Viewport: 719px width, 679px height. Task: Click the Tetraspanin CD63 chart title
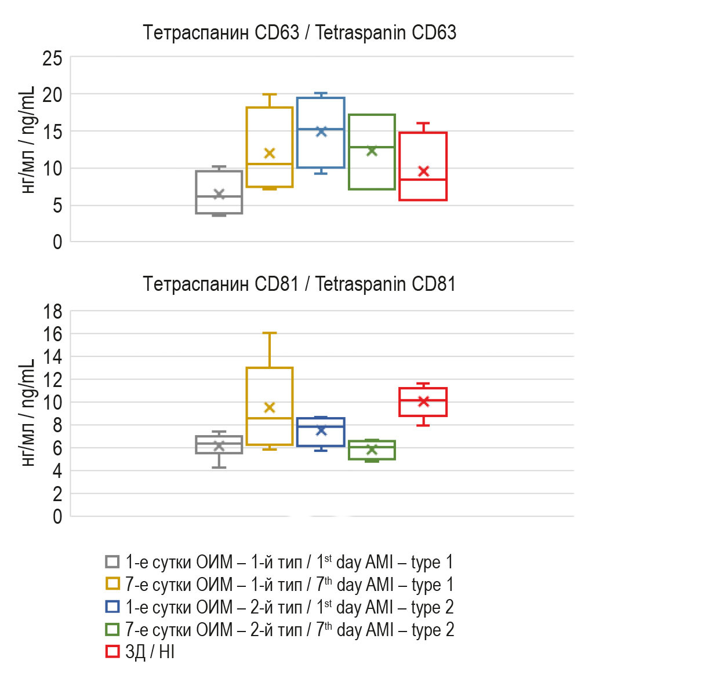(299, 32)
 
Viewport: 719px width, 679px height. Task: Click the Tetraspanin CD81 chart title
(299, 284)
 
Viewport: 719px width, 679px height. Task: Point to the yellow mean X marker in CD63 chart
(270, 154)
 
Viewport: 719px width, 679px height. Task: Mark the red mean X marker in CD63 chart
(423, 171)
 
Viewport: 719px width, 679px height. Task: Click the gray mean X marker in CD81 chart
(219, 446)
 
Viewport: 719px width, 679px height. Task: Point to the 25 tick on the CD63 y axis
(52, 58)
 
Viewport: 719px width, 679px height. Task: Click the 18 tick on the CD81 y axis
(52, 312)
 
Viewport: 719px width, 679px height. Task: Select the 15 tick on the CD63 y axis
(52, 132)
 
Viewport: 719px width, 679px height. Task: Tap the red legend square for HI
(112, 652)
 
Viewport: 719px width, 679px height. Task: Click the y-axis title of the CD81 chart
(28, 412)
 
